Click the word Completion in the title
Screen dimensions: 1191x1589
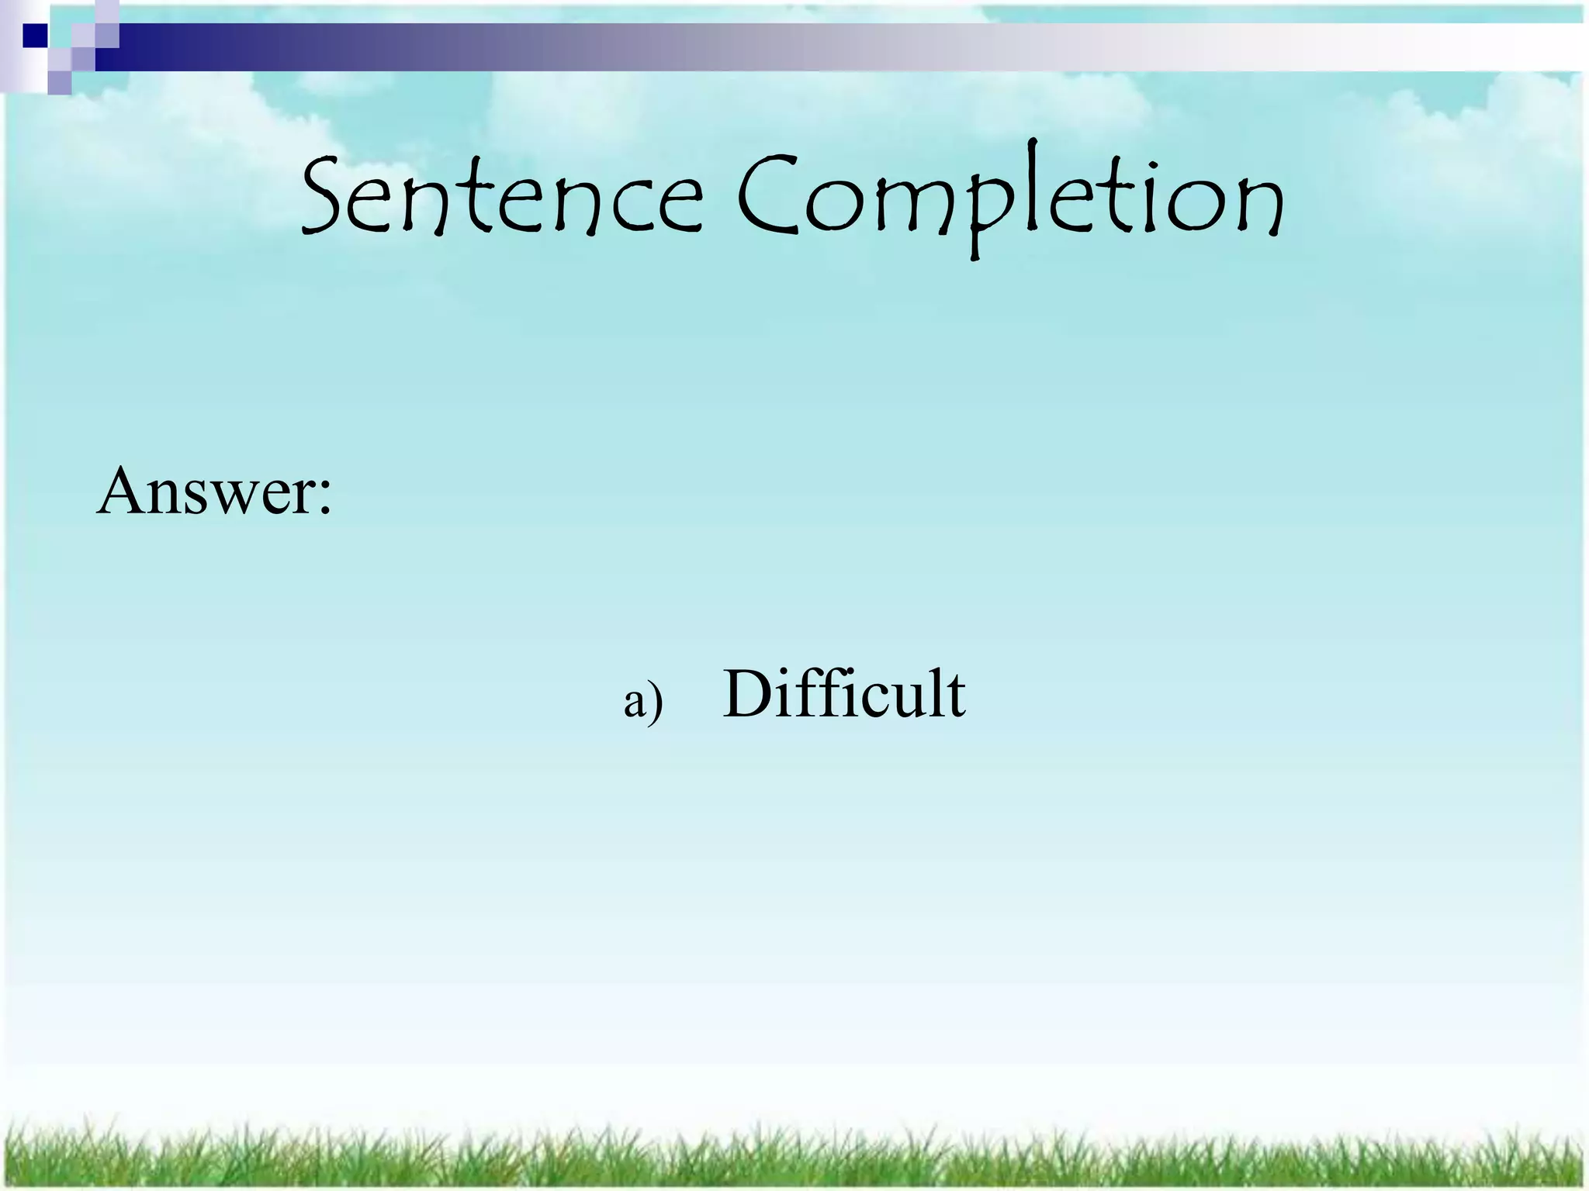tap(1009, 198)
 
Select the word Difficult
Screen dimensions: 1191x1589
tap(843, 693)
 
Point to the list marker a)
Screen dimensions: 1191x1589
tap(643, 701)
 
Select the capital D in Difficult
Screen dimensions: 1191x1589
tap(749, 693)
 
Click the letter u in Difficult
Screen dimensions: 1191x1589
tap(906, 701)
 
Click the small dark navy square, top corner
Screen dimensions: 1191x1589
tap(35, 36)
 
